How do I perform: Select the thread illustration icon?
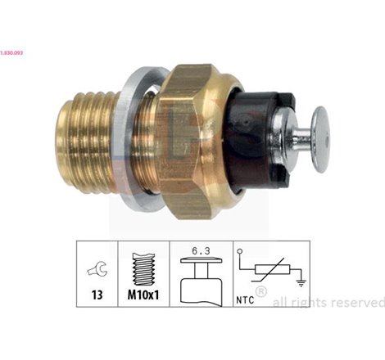[x=144, y=266]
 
